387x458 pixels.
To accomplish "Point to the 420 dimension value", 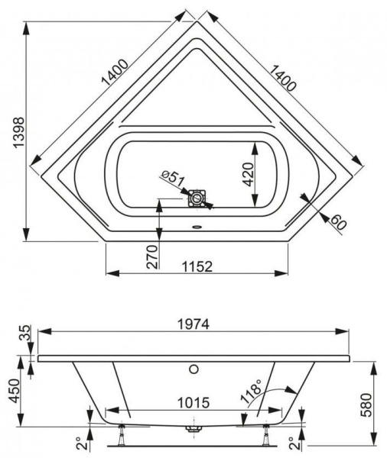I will [x=245, y=175].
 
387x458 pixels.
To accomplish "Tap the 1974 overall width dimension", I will [x=192, y=323].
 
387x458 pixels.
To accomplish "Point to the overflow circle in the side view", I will [x=194, y=370].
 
